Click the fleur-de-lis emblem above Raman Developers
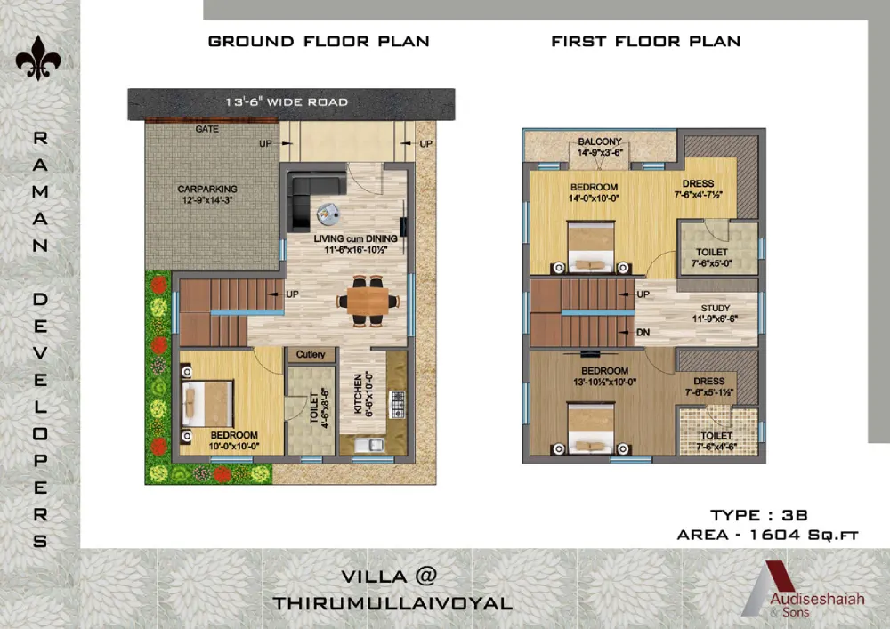(x=38, y=59)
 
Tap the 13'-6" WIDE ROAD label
(x=287, y=102)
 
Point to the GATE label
(x=206, y=129)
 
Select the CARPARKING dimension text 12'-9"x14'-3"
(x=207, y=200)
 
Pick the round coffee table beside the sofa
(x=328, y=214)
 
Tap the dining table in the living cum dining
(x=368, y=302)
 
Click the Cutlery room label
(x=311, y=354)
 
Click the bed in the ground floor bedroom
(x=207, y=403)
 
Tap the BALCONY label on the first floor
(x=600, y=141)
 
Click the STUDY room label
(x=716, y=308)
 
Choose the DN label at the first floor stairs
(x=643, y=333)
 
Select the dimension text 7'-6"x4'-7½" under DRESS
(x=698, y=195)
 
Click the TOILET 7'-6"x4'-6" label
(x=716, y=440)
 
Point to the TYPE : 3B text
(x=759, y=515)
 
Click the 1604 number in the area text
(x=773, y=535)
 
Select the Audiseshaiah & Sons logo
(x=803, y=589)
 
